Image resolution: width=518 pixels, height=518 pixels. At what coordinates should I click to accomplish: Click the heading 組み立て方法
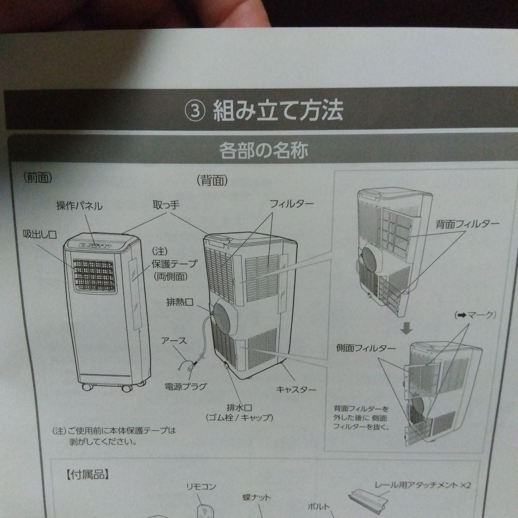278,110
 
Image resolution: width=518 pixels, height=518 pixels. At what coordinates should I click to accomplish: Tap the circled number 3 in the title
195,111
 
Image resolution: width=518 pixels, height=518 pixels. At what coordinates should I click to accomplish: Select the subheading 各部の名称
263,150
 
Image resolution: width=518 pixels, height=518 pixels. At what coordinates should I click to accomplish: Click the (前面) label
38,177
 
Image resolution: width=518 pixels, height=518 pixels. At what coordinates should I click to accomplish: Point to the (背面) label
212,181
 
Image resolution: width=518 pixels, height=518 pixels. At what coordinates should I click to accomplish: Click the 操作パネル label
79,206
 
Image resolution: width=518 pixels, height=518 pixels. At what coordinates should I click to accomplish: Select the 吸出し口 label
40,235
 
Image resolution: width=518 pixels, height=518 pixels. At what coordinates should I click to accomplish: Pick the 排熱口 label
180,302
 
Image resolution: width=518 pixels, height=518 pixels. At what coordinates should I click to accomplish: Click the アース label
174,341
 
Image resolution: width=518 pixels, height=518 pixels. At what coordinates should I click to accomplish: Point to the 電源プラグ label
186,386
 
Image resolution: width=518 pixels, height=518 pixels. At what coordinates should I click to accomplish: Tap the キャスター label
296,389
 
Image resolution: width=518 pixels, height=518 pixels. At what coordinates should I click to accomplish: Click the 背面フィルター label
467,224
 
